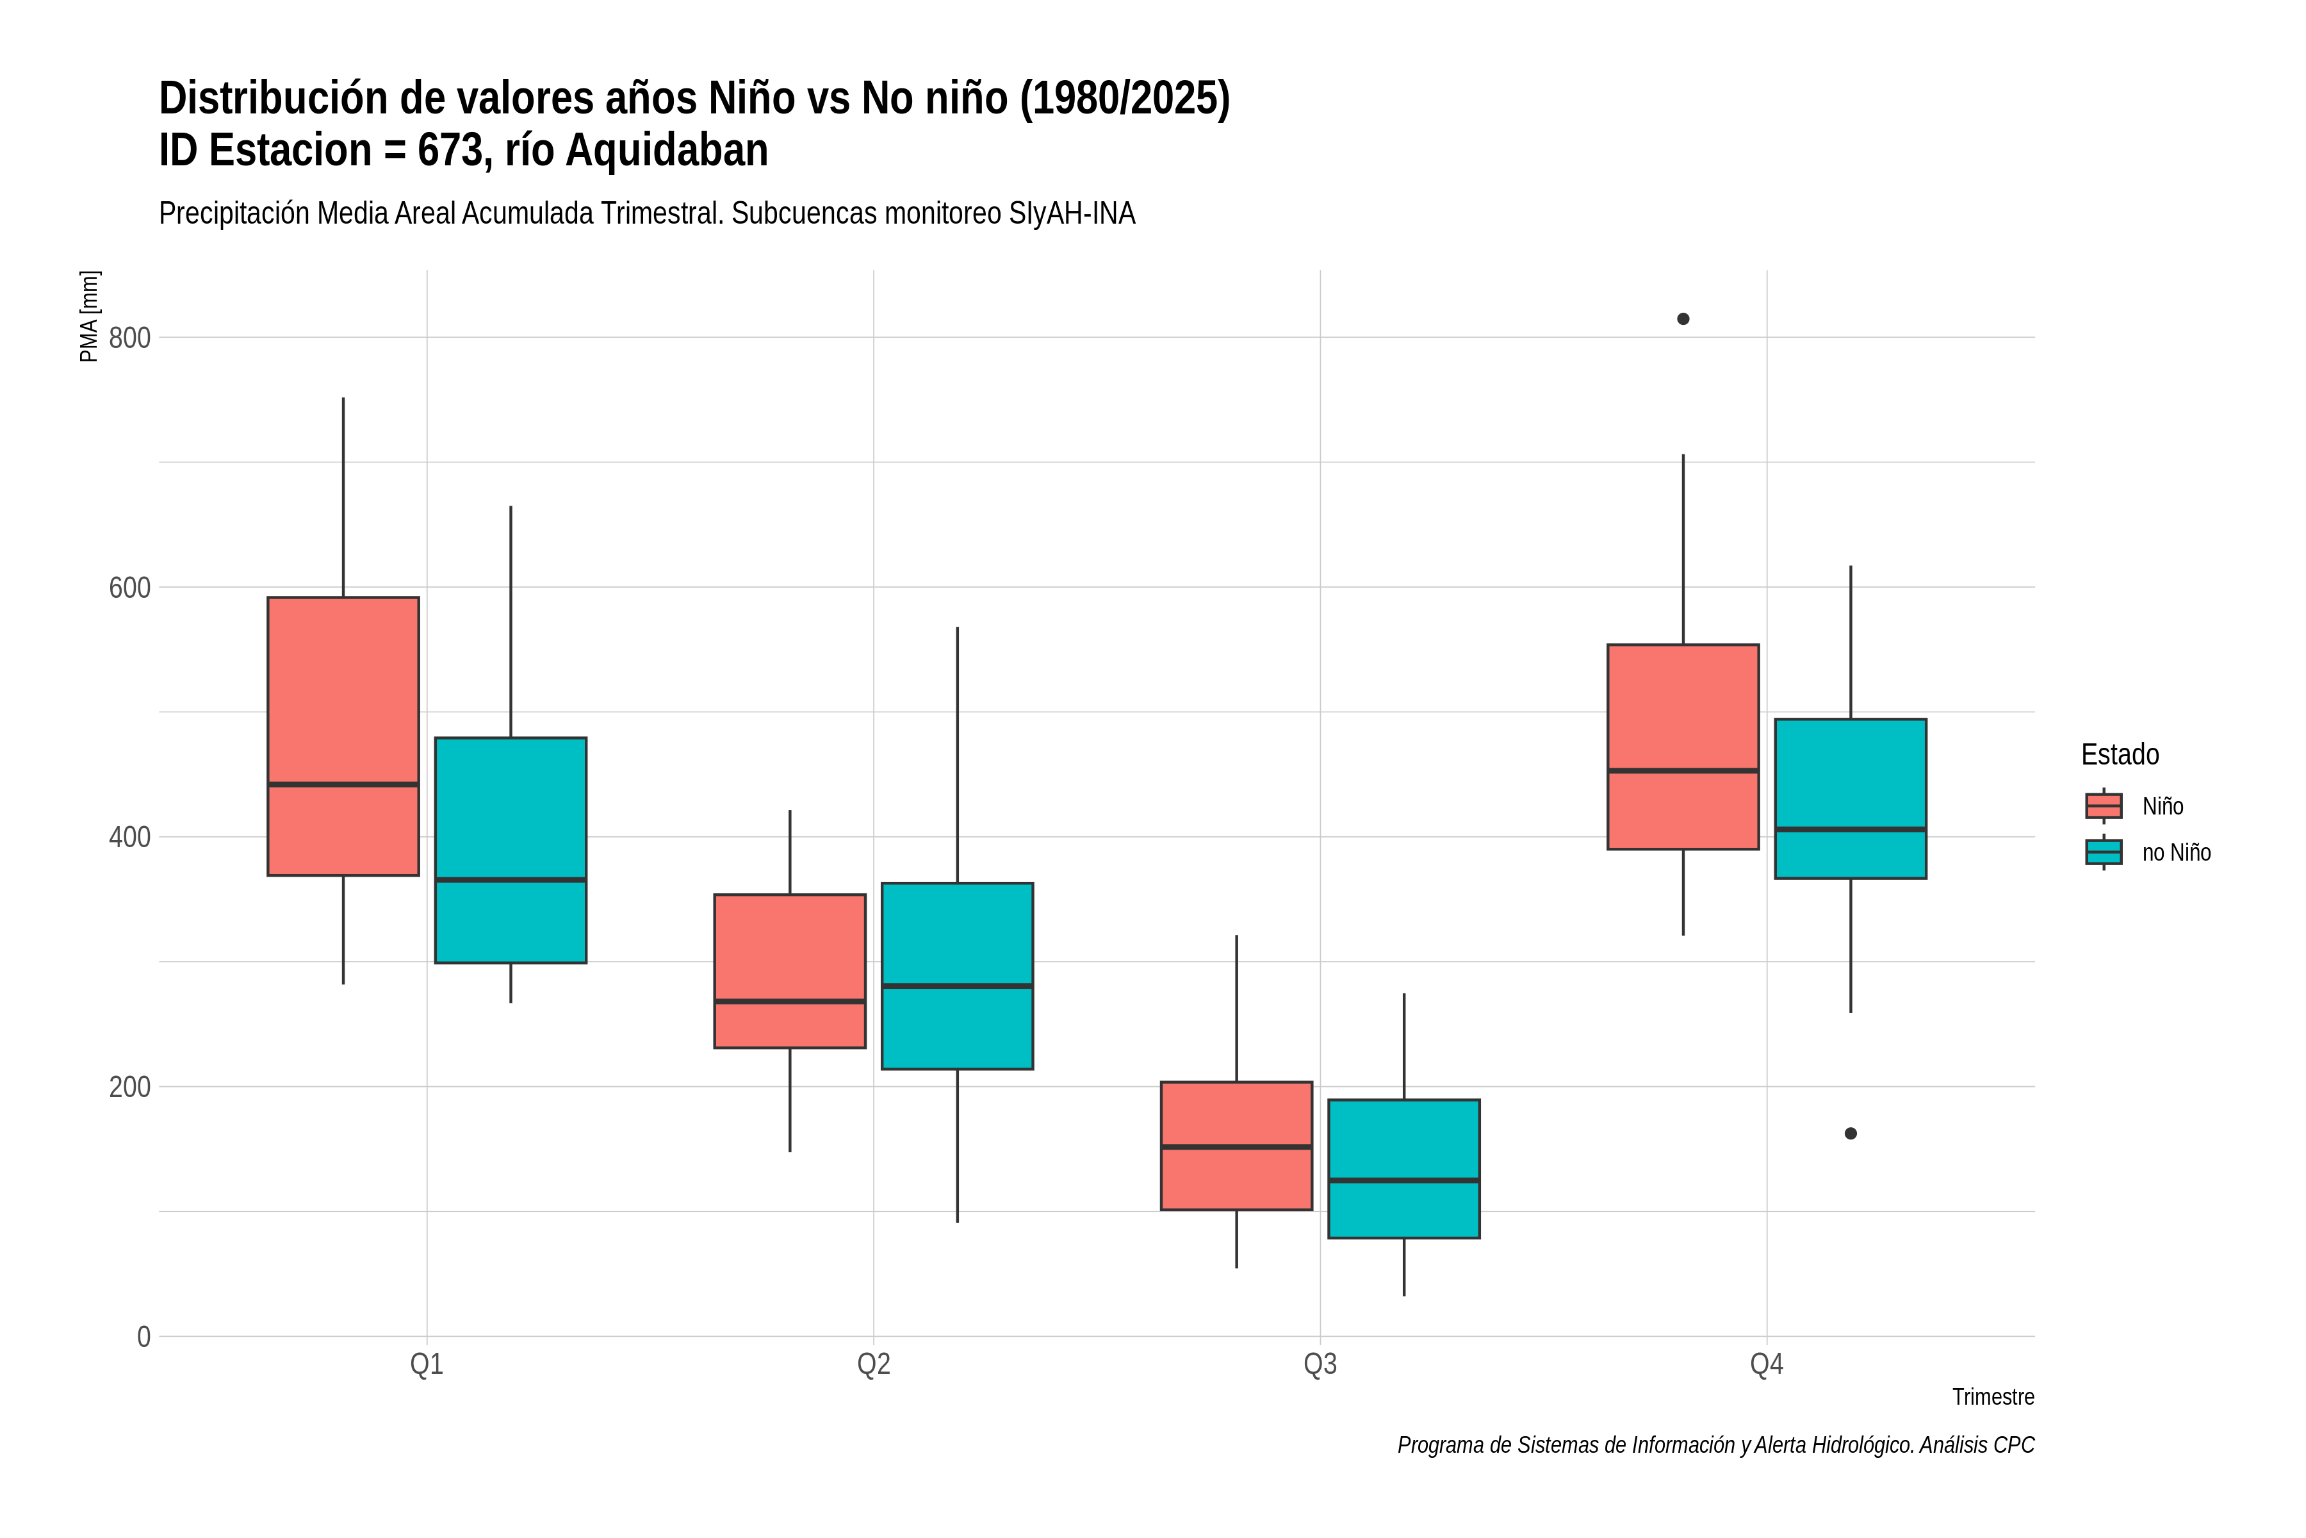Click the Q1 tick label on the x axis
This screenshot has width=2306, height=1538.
427,1364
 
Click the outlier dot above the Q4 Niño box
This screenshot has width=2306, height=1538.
1683,318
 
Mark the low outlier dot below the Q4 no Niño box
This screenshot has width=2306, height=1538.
1851,1134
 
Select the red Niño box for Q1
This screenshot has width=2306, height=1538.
343,736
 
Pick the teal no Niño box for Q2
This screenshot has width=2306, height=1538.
957,976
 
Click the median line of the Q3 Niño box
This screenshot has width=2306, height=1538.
1236,1146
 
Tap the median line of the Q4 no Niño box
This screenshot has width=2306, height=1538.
1851,830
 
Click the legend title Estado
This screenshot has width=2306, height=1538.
2120,754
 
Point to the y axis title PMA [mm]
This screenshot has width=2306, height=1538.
89,316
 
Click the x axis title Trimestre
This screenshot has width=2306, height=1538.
1993,1397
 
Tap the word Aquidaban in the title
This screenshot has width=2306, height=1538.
667,150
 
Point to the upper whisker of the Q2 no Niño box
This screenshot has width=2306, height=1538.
957,756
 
